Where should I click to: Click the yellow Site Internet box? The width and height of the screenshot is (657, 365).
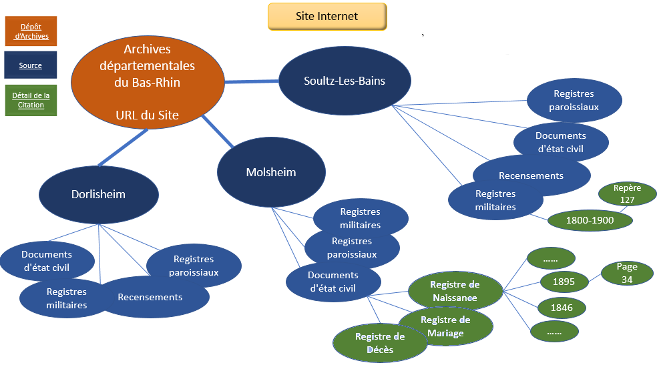pos(327,17)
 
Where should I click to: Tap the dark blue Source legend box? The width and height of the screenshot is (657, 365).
pos(31,65)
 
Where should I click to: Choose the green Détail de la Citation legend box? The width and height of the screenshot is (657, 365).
pos(31,100)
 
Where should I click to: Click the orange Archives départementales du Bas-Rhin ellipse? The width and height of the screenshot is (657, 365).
pos(147,81)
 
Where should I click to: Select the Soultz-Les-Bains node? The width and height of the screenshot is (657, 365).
pos(335,82)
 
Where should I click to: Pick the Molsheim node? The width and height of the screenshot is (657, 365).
pos(271,173)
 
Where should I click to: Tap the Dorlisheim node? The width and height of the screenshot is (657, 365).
pos(98,195)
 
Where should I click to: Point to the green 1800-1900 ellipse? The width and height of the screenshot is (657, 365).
pos(590,220)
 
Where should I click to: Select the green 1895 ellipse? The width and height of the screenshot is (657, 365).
pos(564,282)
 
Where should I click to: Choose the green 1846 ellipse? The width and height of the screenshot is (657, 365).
pos(562,308)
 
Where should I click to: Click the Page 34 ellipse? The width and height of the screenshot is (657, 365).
pos(627,274)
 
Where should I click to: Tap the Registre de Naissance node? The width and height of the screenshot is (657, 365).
pos(455,291)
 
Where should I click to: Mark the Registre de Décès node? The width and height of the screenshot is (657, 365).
pos(380,343)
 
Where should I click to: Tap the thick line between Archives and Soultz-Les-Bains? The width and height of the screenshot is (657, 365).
pos(252,81)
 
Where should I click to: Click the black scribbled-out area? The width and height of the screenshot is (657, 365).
pos(524,33)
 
